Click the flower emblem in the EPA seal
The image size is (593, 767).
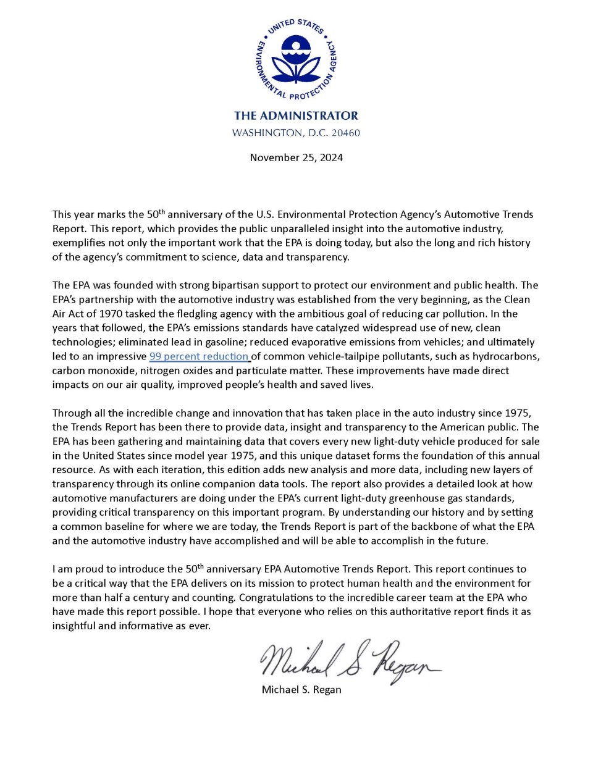(296, 59)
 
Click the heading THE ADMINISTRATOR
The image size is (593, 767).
(296, 115)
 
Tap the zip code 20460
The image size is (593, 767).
(345, 133)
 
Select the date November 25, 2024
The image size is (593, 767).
(296, 157)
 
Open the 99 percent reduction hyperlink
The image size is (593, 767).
(199, 356)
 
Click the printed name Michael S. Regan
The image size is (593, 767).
(301, 690)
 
